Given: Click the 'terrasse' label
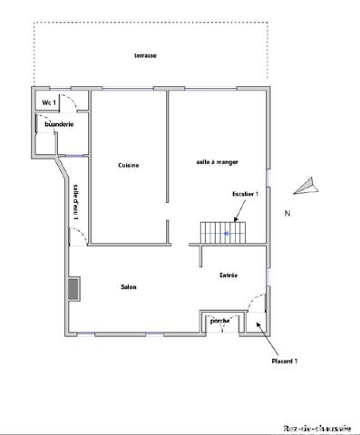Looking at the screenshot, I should [145, 56].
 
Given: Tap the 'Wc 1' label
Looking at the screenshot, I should [48, 103].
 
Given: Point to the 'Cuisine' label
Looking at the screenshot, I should [128, 165].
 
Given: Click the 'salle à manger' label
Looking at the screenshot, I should [214, 162].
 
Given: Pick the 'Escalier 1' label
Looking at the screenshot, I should [246, 195].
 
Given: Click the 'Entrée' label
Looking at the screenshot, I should [229, 275].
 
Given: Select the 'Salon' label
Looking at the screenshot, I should [129, 287].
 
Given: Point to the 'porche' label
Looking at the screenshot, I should [219, 321].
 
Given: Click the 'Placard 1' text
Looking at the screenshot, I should [285, 361].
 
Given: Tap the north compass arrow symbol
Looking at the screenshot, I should [306, 187].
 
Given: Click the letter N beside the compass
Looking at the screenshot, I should [287, 214].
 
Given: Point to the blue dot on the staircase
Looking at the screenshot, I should [228, 233].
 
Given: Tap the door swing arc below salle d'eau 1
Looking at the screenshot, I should [77, 234].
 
